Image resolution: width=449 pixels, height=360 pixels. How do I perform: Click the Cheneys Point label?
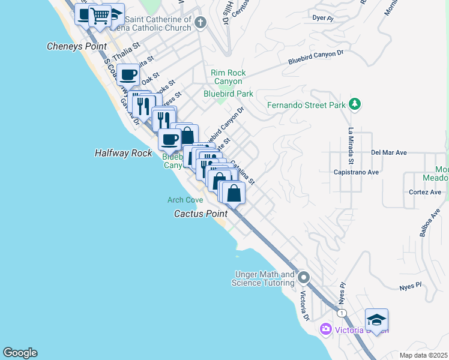(x=77, y=46)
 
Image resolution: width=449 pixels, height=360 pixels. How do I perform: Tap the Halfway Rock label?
(x=124, y=153)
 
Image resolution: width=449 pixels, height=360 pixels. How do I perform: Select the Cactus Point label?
(x=200, y=214)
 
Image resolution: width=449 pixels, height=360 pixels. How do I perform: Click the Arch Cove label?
(x=185, y=200)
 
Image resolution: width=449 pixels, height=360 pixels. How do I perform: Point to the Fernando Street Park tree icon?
(x=355, y=104)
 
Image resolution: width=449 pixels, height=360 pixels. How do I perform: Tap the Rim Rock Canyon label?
(x=227, y=77)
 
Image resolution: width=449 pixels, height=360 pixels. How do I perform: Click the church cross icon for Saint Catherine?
(x=200, y=23)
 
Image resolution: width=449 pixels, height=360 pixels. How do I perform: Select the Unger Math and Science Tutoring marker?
(x=304, y=278)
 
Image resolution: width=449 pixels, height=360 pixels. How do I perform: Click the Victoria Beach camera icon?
(x=326, y=329)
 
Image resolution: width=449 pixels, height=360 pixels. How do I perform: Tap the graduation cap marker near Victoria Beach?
(x=376, y=320)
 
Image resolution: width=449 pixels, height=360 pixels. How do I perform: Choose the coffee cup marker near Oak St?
(x=128, y=76)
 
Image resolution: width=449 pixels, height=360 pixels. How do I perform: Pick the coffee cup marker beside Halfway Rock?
(x=169, y=140)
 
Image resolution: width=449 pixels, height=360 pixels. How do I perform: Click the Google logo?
(x=20, y=353)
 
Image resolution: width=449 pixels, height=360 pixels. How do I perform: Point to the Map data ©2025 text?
(x=423, y=355)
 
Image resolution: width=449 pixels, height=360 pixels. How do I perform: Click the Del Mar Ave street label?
(x=389, y=153)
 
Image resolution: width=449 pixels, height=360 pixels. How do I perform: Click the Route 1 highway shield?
(x=342, y=313)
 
